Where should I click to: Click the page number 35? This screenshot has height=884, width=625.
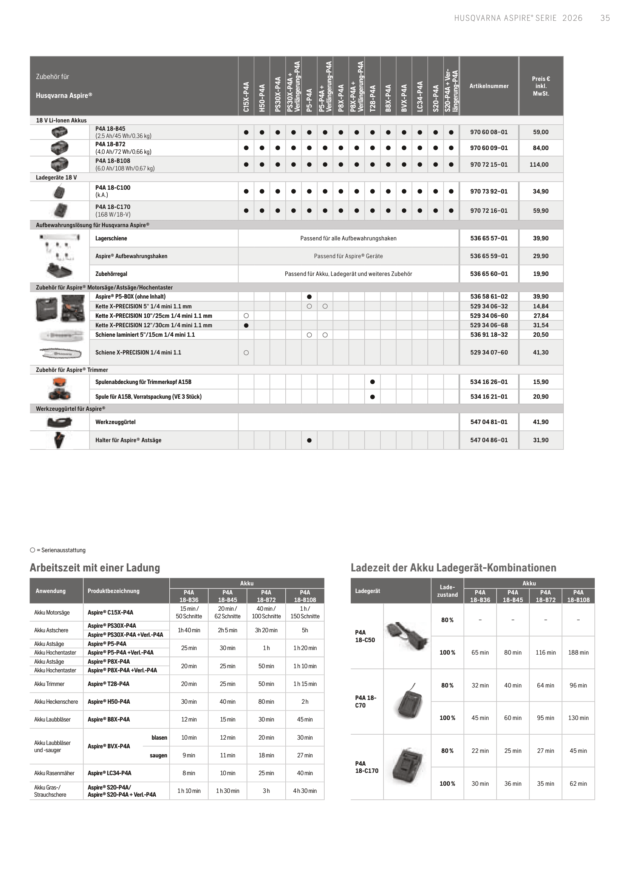(x=605, y=18)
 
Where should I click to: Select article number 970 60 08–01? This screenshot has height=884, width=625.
(x=489, y=132)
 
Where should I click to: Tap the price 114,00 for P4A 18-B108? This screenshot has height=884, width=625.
(x=539, y=164)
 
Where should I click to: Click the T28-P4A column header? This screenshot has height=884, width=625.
(x=373, y=98)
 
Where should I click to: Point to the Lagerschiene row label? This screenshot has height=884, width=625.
(x=111, y=238)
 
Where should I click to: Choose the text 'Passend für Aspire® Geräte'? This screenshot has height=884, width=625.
(x=348, y=256)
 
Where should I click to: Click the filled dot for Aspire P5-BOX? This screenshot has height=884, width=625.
(x=309, y=297)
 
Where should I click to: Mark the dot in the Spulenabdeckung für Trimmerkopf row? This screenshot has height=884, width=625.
(x=372, y=382)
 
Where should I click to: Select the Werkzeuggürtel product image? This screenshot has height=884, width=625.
(x=59, y=422)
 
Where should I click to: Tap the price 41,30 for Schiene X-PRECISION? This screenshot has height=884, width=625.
(x=540, y=352)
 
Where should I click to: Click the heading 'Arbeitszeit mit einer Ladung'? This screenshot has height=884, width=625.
(x=95, y=568)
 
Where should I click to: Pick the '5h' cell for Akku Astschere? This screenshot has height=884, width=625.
(x=305, y=630)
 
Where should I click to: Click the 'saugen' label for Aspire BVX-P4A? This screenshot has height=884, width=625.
(x=159, y=756)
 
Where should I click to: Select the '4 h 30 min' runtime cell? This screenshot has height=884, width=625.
(x=305, y=791)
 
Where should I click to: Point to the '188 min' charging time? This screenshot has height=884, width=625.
(x=578, y=653)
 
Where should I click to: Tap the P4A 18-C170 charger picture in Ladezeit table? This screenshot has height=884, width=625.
(x=408, y=766)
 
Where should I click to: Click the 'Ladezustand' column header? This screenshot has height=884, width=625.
(x=447, y=591)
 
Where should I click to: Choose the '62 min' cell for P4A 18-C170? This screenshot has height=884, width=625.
(x=578, y=783)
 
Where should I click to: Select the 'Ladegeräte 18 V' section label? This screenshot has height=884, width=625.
(x=56, y=178)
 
